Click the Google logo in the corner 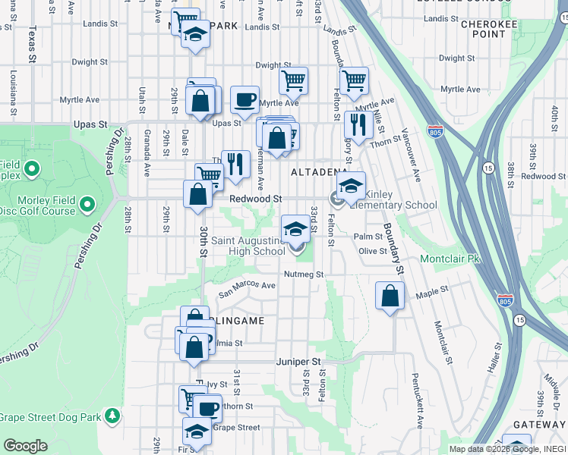[x=26, y=446]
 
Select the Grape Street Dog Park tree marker [x=112, y=416]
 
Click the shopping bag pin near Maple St [x=390, y=296]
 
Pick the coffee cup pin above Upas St [x=245, y=99]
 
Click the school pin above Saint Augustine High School [x=296, y=228]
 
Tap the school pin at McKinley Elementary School [x=352, y=186]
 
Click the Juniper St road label [x=299, y=362]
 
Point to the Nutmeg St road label [x=305, y=274]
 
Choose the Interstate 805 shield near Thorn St [x=435, y=131]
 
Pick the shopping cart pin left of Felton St [x=293, y=80]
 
